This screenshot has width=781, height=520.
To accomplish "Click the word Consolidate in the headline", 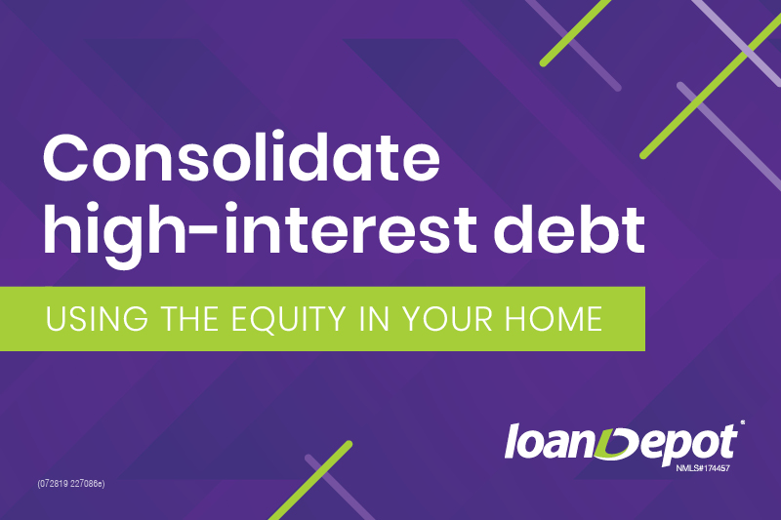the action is (x=241, y=157).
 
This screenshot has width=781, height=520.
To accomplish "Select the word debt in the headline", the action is (x=570, y=228).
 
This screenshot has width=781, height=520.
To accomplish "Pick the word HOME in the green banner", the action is (x=554, y=319).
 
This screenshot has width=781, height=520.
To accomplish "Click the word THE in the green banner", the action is (x=189, y=319).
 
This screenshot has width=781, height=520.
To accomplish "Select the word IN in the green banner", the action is (x=374, y=319).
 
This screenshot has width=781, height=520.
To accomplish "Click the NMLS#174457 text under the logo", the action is (x=702, y=468).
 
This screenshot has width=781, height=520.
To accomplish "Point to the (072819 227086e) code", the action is (x=70, y=484).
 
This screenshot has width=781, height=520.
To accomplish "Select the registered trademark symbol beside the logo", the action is (x=742, y=422).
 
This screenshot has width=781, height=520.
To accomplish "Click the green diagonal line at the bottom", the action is (x=310, y=481).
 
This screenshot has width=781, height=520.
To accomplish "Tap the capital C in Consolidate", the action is (x=68, y=158).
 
